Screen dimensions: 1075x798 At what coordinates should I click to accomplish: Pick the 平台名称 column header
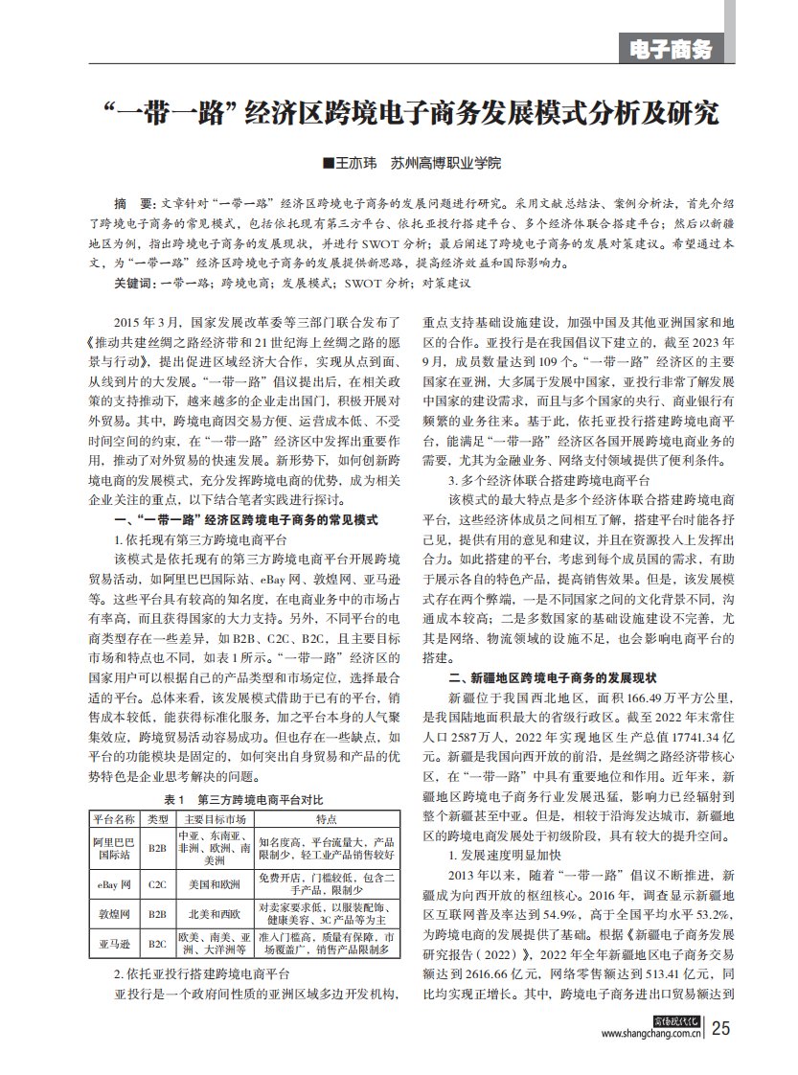pos(113,819)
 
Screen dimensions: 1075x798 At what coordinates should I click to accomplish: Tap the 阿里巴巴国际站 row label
pos(113,847)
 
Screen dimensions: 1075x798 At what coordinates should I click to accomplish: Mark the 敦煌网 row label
pos(113,915)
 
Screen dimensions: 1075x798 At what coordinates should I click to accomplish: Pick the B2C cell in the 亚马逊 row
pos(158,944)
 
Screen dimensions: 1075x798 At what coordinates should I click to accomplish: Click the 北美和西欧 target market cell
pos(215,915)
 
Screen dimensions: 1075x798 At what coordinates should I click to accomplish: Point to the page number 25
pos(720,1030)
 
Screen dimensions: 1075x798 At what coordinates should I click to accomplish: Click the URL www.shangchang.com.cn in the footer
pos(651,1035)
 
